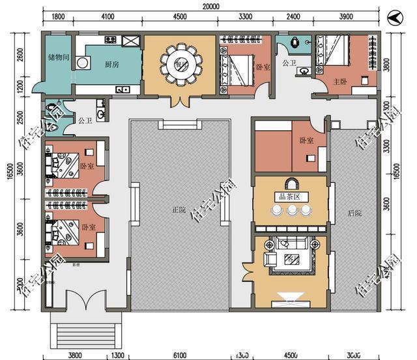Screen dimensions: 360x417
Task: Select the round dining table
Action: (x=179, y=62)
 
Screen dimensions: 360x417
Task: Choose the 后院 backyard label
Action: (x=354, y=212)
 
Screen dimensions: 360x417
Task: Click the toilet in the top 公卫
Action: (x=296, y=43)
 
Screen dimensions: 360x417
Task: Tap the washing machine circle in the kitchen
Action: (x=83, y=62)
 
